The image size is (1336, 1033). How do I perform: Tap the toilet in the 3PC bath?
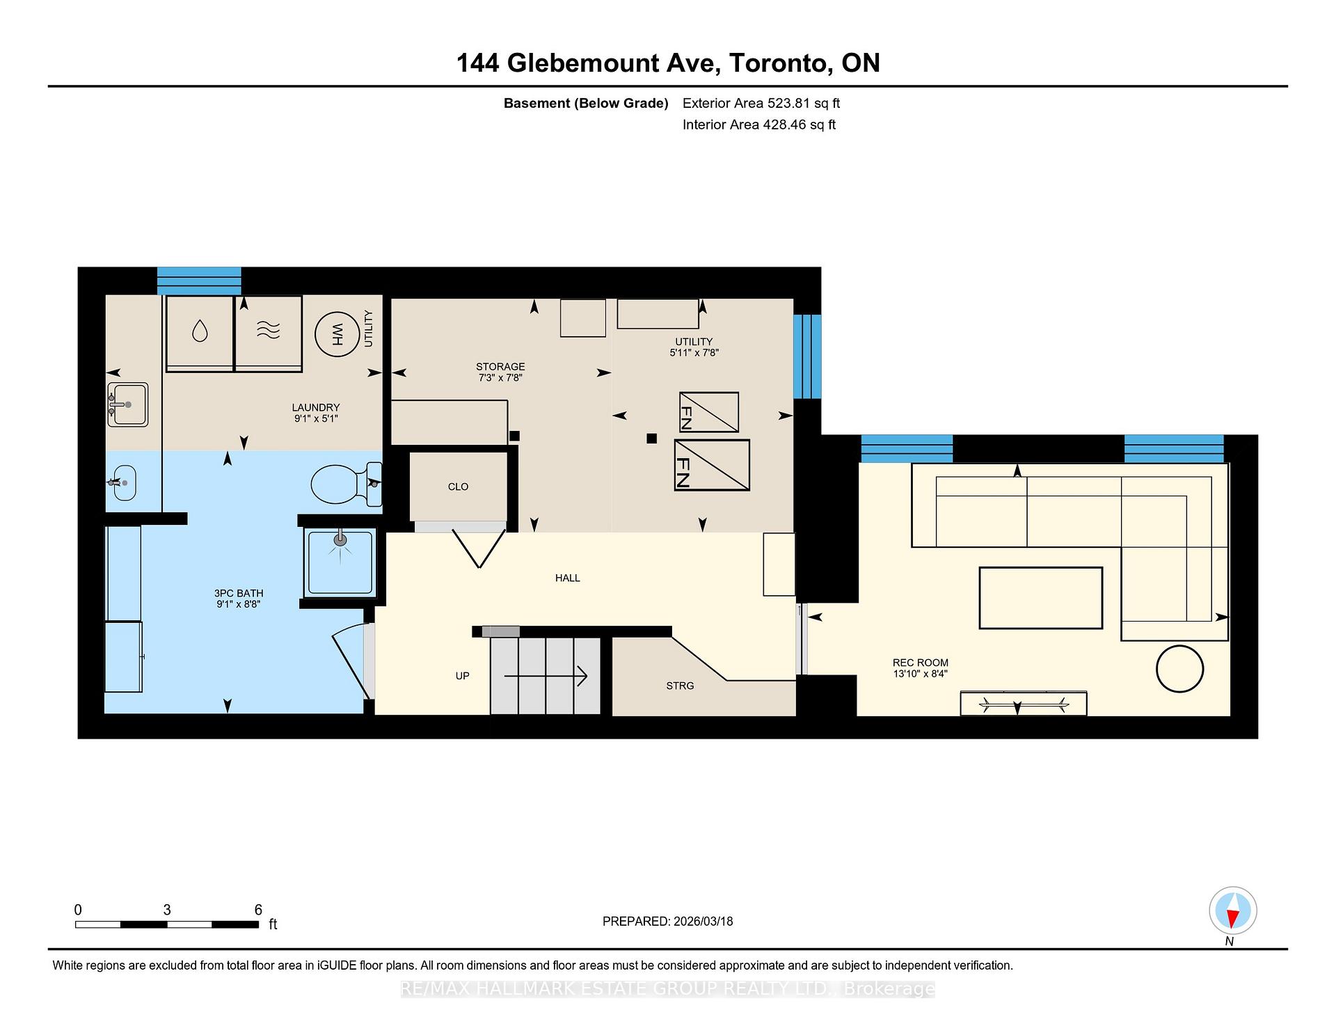(x=341, y=484)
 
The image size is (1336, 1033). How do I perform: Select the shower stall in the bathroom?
(x=340, y=562)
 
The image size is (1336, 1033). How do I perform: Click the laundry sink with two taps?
(x=127, y=404)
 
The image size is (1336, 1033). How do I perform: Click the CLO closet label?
(x=458, y=487)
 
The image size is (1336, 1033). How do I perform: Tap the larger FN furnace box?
(x=712, y=465)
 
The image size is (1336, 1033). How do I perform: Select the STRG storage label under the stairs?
(x=680, y=686)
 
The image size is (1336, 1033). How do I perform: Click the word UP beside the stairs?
(x=462, y=676)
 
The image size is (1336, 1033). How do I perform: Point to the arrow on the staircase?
(x=546, y=676)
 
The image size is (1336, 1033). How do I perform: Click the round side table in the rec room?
(x=1179, y=669)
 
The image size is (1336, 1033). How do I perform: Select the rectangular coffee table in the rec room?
(x=1040, y=598)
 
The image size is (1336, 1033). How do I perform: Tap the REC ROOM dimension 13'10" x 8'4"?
(x=920, y=674)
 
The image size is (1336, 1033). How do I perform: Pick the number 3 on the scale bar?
(x=167, y=910)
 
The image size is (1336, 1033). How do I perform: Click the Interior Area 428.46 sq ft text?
(x=758, y=125)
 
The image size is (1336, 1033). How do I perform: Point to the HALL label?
(x=567, y=578)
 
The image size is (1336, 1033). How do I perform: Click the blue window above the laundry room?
(x=199, y=281)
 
